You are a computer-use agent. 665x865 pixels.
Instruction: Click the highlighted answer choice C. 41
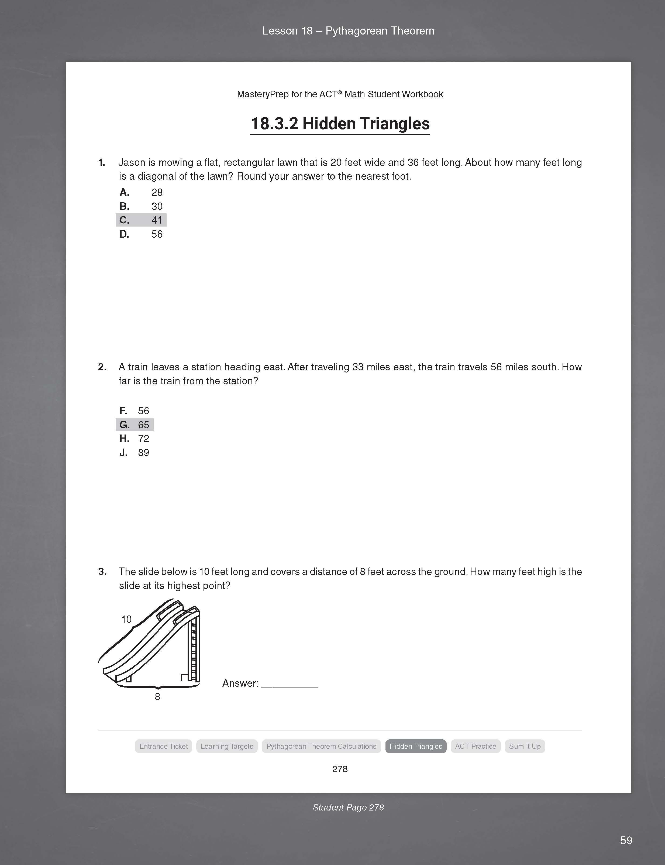point(141,220)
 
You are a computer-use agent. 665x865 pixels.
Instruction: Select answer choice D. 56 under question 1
point(141,234)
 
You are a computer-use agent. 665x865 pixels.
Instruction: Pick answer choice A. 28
point(141,193)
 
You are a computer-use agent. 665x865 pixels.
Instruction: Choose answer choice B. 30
point(141,206)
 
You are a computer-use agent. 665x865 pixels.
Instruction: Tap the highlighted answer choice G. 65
point(135,425)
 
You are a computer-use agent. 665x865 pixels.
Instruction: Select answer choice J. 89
point(135,453)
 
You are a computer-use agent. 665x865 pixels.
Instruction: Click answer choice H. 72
point(135,439)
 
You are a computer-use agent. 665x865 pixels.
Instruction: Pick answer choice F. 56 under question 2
point(135,411)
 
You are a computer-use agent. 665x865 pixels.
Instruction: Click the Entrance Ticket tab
point(163,746)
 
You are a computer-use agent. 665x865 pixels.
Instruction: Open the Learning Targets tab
point(227,746)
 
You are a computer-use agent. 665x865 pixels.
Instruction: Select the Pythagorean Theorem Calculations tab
point(321,746)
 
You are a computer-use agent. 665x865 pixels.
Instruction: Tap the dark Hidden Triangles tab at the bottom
point(416,746)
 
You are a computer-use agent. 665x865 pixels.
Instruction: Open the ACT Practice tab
point(476,746)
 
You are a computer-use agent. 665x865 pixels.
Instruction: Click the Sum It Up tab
point(525,746)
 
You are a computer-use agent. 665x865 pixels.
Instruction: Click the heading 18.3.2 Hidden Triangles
point(340,124)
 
